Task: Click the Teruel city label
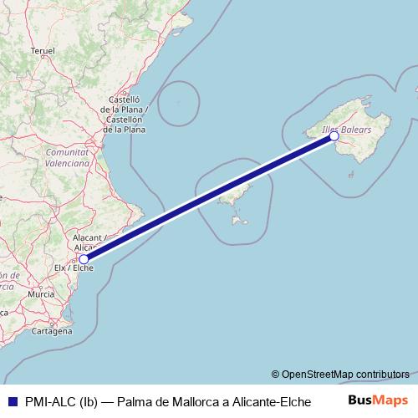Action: coord(42,51)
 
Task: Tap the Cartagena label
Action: coord(52,331)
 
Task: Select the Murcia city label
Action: coord(41,295)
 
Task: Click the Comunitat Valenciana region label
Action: coord(68,158)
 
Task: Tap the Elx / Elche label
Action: coord(71,269)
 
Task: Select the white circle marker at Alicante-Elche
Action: coord(84,259)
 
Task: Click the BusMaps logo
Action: coord(379,400)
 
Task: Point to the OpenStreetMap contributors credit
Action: coord(340,374)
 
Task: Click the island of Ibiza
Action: coord(230,198)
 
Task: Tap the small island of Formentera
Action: coord(242,222)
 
